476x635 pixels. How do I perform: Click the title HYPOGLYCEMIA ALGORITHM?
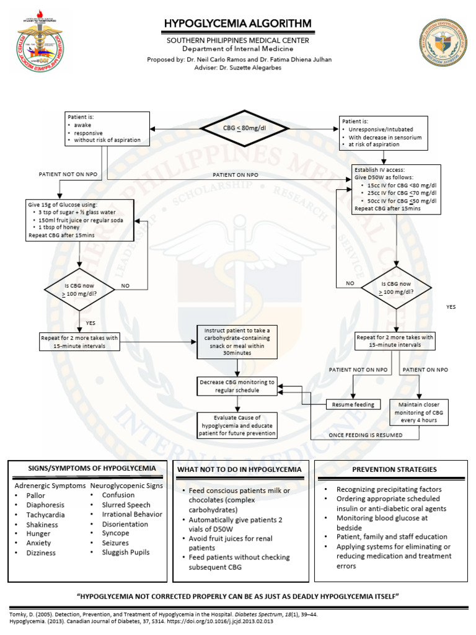(x=237, y=24)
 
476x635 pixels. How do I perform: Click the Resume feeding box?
(x=353, y=404)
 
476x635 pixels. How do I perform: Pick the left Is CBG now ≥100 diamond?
(x=80, y=290)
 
